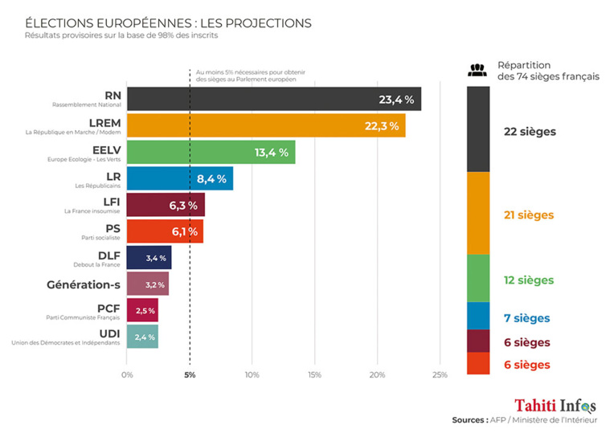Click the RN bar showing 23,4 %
click(273, 99)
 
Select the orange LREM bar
click(265, 125)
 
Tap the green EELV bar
click(211, 152)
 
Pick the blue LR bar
click(179, 178)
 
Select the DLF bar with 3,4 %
click(149, 258)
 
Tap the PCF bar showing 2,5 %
click(142, 310)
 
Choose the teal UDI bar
click(142, 337)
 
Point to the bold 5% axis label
click(190, 374)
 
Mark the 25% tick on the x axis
click(439, 374)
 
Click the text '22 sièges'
click(530, 131)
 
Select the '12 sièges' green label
click(528, 280)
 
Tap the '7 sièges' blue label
click(526, 317)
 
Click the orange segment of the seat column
click(478, 213)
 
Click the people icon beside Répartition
click(477, 70)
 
